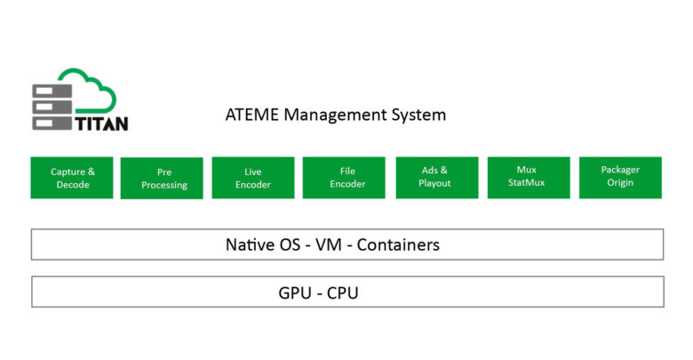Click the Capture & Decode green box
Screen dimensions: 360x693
[72, 177]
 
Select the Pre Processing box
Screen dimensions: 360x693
[164, 178]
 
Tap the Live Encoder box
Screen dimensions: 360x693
[253, 177]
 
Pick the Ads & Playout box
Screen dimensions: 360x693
[436, 177]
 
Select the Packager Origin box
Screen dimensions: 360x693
[619, 177]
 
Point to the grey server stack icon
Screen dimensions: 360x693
[50, 108]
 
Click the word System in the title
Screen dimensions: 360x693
[418, 116]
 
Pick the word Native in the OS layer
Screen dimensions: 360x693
[251, 244]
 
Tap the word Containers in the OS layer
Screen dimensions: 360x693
[398, 244]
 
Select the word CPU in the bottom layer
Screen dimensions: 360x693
[341, 292]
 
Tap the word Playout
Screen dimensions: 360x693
[436, 183]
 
